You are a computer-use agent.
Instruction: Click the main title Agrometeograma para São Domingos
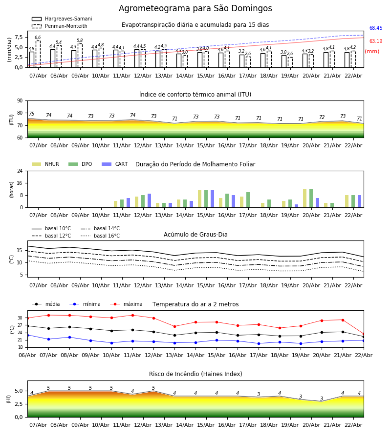click(195, 8)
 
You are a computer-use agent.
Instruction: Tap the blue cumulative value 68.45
click(375, 28)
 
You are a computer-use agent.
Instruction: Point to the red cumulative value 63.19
click(375, 41)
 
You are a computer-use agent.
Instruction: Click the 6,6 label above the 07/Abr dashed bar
click(38, 38)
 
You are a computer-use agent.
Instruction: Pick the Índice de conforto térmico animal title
click(195, 95)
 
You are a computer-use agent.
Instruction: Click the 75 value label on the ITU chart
click(31, 114)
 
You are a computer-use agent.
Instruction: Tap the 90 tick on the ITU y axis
click(20, 101)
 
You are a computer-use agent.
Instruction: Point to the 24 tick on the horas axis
click(20, 171)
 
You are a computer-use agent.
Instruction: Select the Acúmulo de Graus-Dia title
click(195, 235)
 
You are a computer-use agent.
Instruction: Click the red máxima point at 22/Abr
click(363, 334)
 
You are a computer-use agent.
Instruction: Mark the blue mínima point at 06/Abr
click(27, 335)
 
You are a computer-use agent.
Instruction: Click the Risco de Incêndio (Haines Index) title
click(195, 374)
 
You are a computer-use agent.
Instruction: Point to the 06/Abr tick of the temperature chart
click(27, 355)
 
